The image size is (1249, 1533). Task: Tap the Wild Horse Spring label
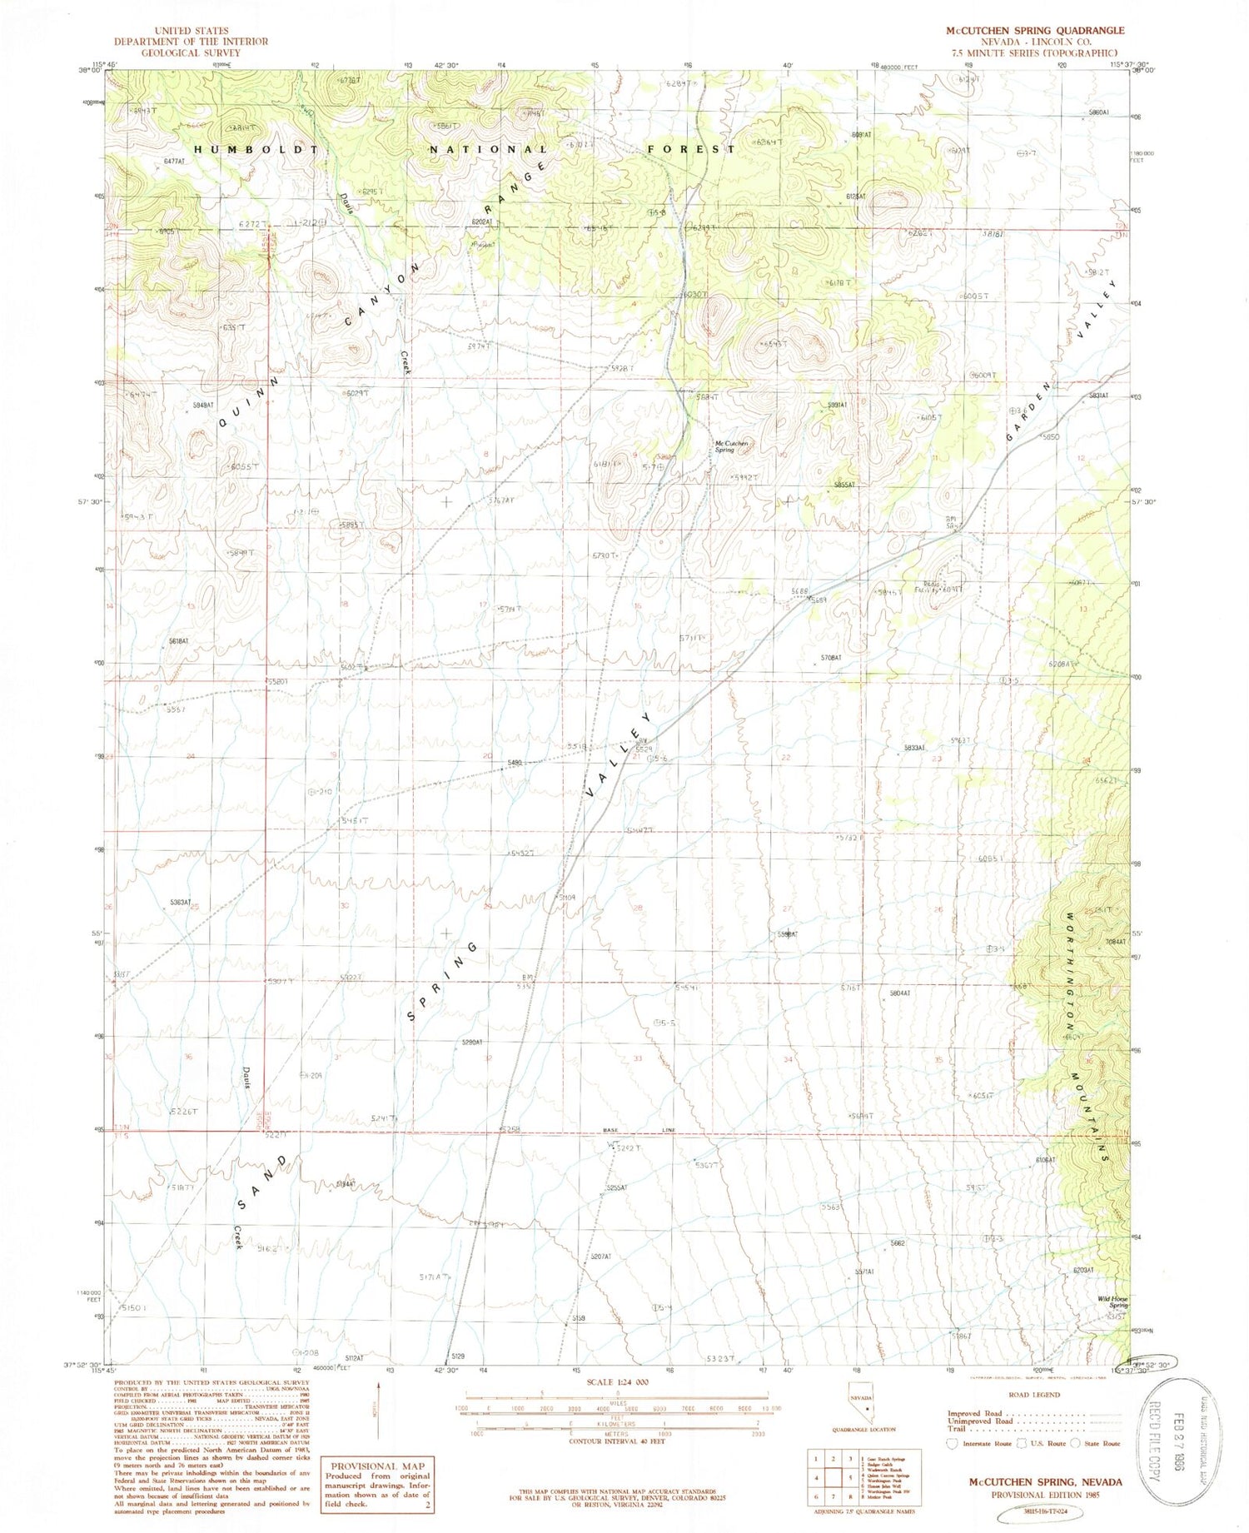(1112, 1302)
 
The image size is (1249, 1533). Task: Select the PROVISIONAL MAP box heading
(378, 1466)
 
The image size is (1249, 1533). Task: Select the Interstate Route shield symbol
(953, 1443)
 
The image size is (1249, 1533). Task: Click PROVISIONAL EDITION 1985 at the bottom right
(1044, 1494)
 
